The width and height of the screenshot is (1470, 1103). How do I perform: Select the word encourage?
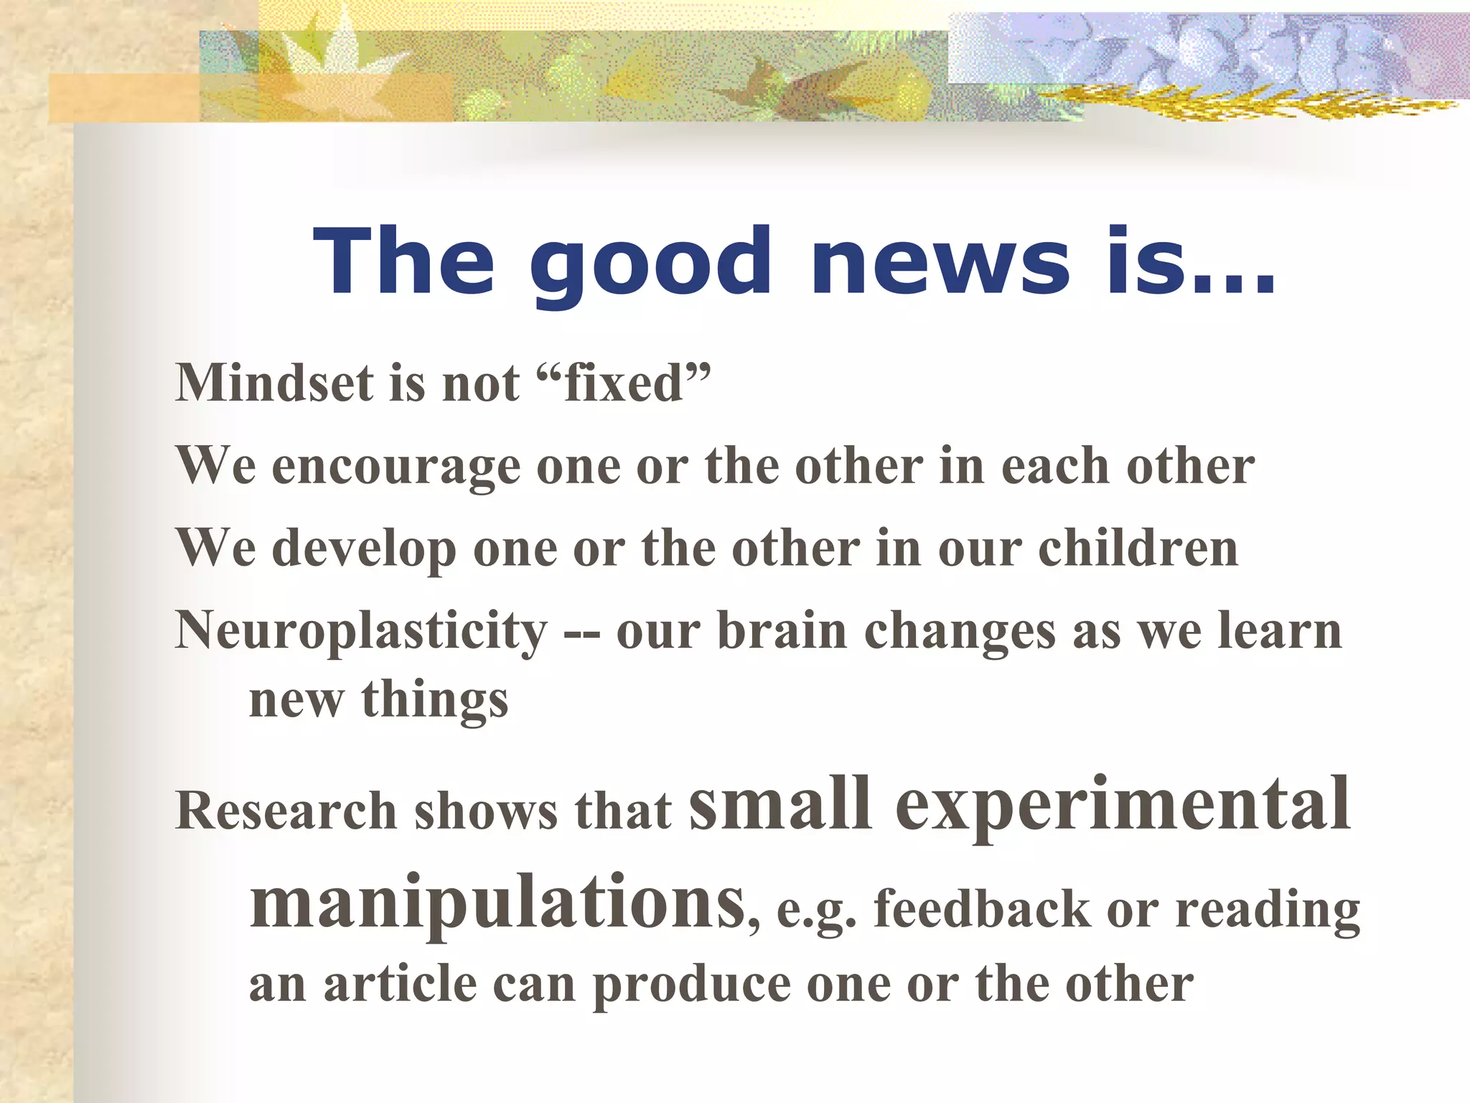tap(396, 467)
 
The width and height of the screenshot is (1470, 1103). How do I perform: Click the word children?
tap(1138, 549)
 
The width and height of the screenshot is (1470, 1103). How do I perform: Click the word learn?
tap(1281, 630)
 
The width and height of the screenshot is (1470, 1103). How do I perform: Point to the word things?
tap(435, 700)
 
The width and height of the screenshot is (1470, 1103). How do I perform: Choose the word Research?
tap(286, 811)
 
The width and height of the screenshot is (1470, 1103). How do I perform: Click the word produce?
tap(691, 985)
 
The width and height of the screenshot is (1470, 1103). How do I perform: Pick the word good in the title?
tap(650, 263)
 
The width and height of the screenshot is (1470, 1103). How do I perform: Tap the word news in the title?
tap(940, 261)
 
